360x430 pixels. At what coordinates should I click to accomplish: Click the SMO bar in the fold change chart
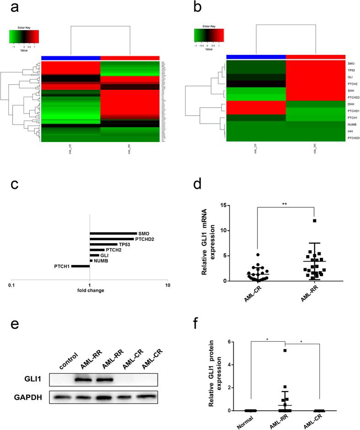point(113,234)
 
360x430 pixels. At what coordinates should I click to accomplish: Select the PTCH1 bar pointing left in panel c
point(80,266)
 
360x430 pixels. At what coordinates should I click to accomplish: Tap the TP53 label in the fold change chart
point(124,245)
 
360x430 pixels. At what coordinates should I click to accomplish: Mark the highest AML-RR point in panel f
point(285,351)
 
